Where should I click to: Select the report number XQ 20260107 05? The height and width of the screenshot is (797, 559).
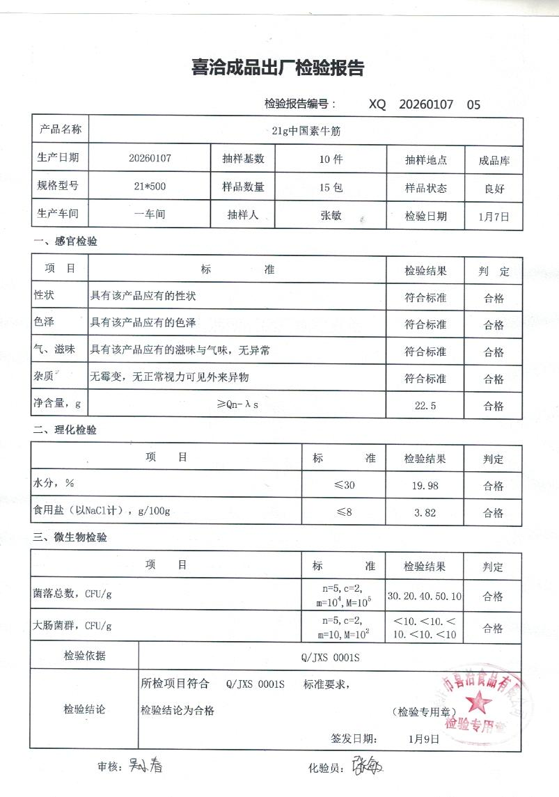coord(424,105)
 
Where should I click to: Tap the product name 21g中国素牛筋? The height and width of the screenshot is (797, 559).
coord(306,130)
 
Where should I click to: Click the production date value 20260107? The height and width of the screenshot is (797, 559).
coord(150,158)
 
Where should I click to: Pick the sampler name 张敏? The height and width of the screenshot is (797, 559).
coord(331,215)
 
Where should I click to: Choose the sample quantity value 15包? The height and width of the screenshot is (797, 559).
coord(331,187)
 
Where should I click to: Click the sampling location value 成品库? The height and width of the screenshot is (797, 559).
coord(494,160)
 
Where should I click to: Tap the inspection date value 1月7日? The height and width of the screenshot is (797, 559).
coord(494,216)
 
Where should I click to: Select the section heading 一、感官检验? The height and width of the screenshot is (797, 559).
coord(65,242)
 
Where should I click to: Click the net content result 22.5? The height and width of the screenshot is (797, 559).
coord(425,406)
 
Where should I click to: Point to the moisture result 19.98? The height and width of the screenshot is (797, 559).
coord(425,486)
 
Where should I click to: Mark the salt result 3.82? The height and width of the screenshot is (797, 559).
coord(425,513)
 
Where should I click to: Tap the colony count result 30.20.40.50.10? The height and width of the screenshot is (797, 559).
coord(425,597)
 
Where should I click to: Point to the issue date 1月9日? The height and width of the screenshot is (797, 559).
coord(424,739)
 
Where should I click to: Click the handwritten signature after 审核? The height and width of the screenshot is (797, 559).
coord(145,766)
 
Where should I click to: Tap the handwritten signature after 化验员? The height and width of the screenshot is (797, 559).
coord(368,766)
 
